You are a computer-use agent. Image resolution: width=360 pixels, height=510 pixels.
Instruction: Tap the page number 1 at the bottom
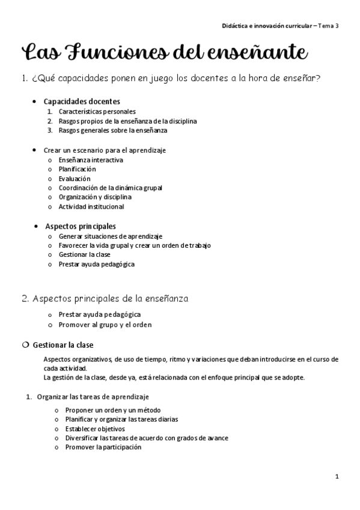point(337,476)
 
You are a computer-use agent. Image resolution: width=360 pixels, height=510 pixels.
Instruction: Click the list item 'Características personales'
point(97,111)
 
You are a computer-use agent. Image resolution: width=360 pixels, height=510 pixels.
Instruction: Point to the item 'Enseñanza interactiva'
point(91,160)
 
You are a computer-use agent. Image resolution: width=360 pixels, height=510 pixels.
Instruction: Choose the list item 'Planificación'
point(77,169)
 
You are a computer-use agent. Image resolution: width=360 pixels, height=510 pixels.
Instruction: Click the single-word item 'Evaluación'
point(75,179)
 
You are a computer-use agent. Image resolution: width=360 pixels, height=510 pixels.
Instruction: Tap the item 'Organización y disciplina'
point(95,197)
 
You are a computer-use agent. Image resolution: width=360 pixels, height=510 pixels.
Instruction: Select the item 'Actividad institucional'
point(91,206)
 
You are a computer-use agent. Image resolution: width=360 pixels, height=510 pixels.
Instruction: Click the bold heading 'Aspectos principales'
point(81,226)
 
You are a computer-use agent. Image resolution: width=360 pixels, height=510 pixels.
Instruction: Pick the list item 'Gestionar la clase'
point(85,254)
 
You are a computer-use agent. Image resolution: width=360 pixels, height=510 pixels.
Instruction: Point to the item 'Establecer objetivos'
point(91,429)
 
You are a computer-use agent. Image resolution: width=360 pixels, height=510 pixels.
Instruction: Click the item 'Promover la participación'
point(100,447)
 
